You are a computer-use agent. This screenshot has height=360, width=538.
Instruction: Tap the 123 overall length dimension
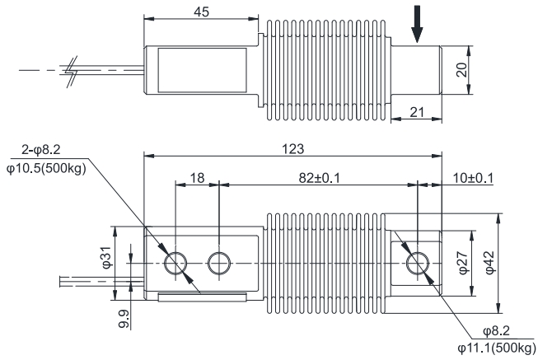point(294,150)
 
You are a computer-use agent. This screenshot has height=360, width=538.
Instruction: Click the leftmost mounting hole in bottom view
point(175,264)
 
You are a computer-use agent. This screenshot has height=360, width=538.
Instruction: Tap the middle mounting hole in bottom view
point(218,264)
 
